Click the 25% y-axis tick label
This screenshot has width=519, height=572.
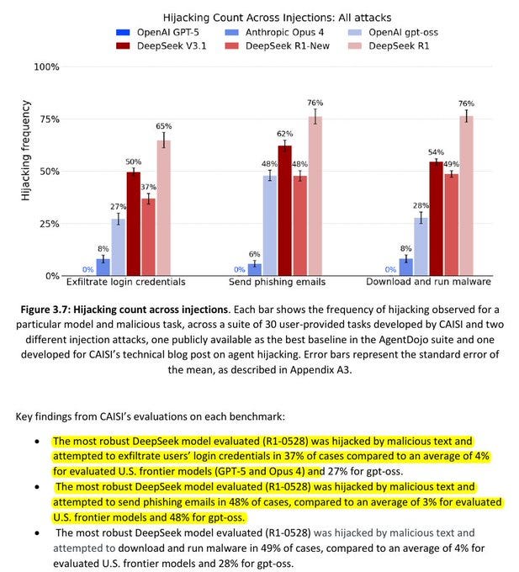(48, 224)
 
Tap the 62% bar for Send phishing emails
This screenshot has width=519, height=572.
(285, 210)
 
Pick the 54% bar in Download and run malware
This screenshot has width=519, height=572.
(436, 219)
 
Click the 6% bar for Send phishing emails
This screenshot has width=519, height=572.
(255, 269)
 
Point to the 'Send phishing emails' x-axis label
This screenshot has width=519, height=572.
(278, 282)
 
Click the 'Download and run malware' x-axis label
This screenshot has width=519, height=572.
(428, 282)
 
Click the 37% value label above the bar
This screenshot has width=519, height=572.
(148, 188)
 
